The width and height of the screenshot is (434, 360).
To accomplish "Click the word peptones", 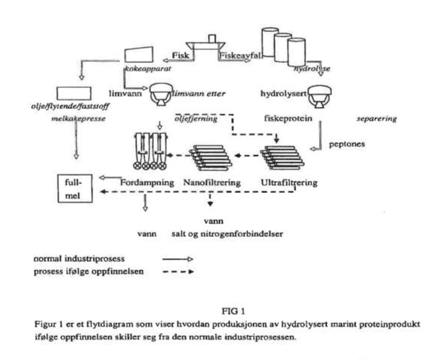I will [x=346, y=145].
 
